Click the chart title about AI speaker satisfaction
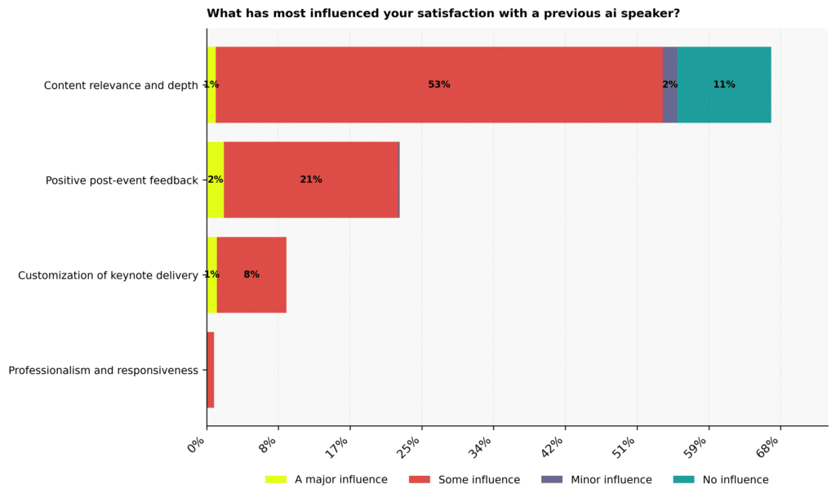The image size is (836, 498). pos(443,13)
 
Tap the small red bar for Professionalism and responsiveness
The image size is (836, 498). pos(211,370)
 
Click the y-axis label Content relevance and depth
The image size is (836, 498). pos(121,85)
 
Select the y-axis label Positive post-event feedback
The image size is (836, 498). pos(122,180)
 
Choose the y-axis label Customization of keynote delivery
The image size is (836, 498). pos(108,276)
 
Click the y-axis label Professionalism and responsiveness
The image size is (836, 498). pos(103,371)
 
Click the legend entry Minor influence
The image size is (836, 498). pos(611,479)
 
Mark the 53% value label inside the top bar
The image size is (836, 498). pos(439,85)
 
